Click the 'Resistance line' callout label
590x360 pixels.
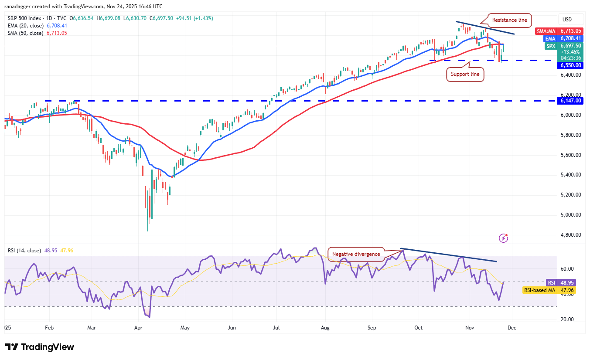click(509, 20)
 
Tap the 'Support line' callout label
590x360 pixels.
click(465, 75)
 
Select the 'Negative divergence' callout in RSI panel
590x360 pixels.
click(356, 254)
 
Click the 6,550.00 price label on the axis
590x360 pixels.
click(571, 65)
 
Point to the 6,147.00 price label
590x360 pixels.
click(571, 101)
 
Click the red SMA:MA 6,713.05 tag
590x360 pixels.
click(559, 31)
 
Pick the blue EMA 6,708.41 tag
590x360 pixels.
click(559, 38)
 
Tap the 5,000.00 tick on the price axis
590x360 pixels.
click(571, 215)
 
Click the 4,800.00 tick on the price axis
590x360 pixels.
click(571, 235)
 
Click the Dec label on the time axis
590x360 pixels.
click(512, 327)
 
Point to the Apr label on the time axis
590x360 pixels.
click(138, 327)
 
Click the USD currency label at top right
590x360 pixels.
click(567, 20)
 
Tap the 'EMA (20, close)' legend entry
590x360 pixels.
click(26, 26)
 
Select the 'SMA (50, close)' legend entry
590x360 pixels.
click(26, 33)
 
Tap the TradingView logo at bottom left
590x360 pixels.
click(40, 347)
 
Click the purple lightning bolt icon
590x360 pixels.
click(503, 238)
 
